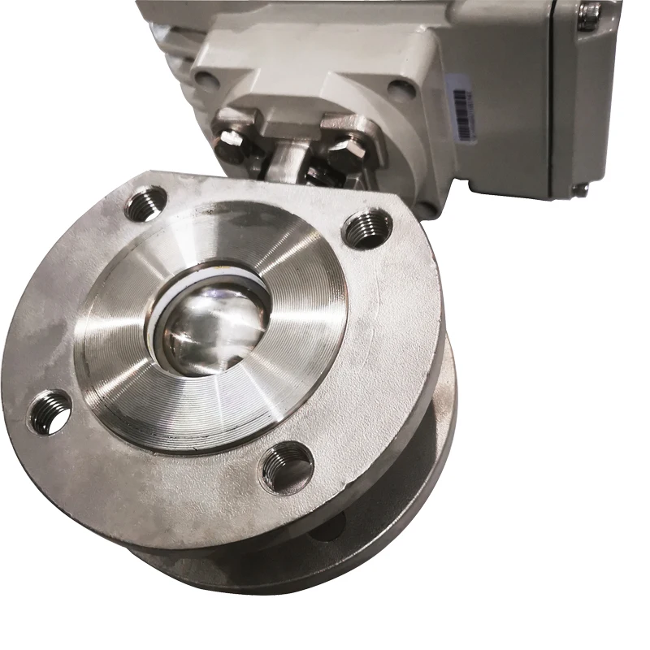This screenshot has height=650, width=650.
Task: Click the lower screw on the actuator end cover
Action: point(578,189)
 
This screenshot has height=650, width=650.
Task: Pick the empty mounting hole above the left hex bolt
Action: point(208,80)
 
